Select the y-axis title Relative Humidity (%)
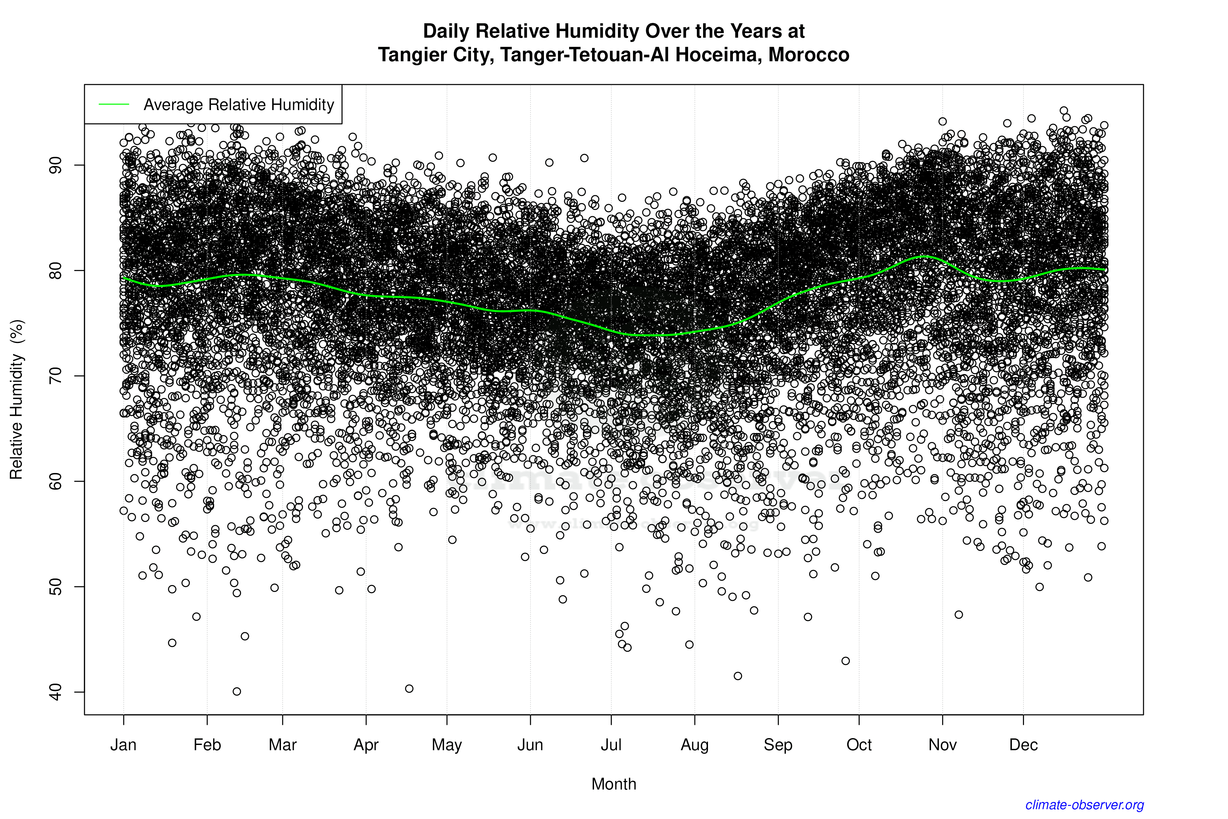tap(17, 400)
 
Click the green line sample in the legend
tap(114, 105)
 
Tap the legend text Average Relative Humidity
tap(239, 105)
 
